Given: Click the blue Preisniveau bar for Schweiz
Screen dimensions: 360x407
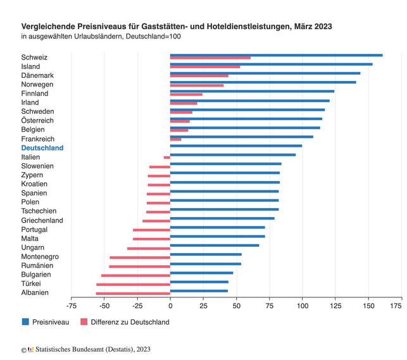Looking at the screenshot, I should pos(276,55).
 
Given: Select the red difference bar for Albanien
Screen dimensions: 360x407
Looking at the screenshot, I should pos(133,294).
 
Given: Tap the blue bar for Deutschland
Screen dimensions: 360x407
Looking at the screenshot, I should pos(236,146).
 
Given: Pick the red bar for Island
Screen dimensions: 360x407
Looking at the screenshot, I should pos(205,67).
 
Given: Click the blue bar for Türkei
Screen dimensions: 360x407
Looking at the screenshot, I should pos(199,282).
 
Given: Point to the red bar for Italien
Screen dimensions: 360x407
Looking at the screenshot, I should pos(167,158).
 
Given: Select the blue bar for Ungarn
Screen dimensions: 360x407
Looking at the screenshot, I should pos(215,245).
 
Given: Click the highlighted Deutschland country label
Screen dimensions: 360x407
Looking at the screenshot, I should pos(42,148).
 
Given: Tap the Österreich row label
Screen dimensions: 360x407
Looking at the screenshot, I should pos(37,121).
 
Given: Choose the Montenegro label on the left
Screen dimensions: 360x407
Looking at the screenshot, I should pos(40,257).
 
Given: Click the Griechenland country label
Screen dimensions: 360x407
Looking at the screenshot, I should pos(42,220).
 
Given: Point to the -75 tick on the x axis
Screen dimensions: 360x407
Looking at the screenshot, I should pos(71,306).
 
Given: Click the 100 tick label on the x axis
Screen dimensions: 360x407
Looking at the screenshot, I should pos(303,306).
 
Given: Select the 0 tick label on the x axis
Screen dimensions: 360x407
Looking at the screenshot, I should pos(170,306).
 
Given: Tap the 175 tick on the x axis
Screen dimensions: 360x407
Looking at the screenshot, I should pos(396,306).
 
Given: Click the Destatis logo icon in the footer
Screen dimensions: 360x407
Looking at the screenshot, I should pos(30,349).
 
